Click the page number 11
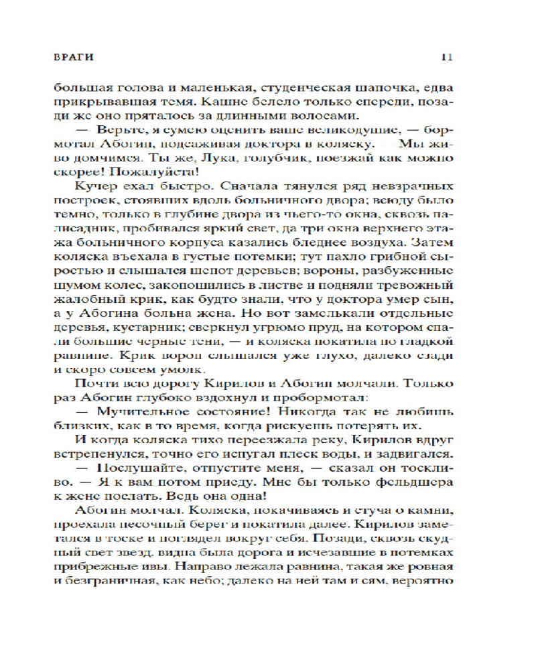[x=448, y=58]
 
